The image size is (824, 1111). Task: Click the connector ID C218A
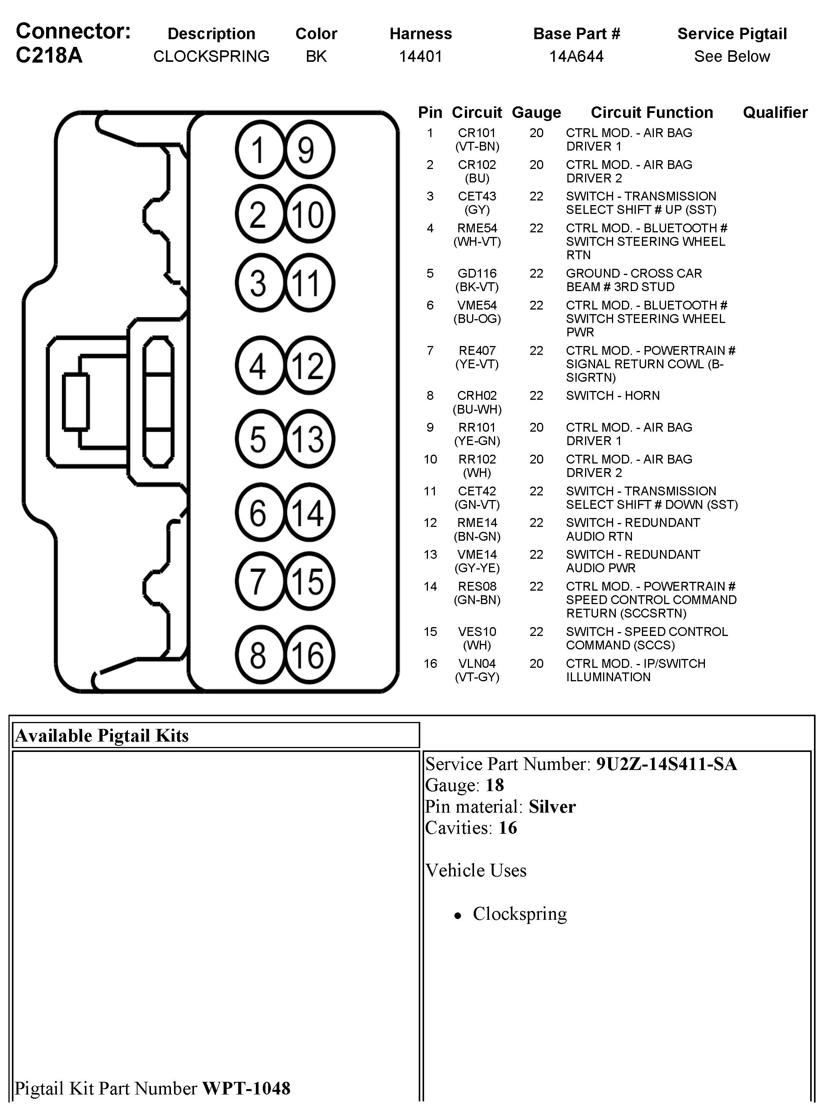click(x=49, y=55)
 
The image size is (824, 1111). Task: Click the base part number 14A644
click(x=576, y=56)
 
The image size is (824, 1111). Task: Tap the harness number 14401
click(x=421, y=56)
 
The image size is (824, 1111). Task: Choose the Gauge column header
click(x=536, y=113)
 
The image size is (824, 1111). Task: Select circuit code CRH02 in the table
click(x=477, y=396)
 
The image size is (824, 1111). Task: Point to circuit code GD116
click(x=477, y=274)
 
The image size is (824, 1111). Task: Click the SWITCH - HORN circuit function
click(x=612, y=396)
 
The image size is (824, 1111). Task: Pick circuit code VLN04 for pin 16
click(x=477, y=664)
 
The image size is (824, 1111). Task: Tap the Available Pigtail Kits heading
click(x=102, y=735)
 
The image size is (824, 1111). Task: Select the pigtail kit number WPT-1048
click(x=246, y=1088)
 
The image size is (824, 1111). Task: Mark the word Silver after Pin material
click(x=552, y=806)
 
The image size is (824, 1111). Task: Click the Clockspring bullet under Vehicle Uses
click(x=519, y=914)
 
